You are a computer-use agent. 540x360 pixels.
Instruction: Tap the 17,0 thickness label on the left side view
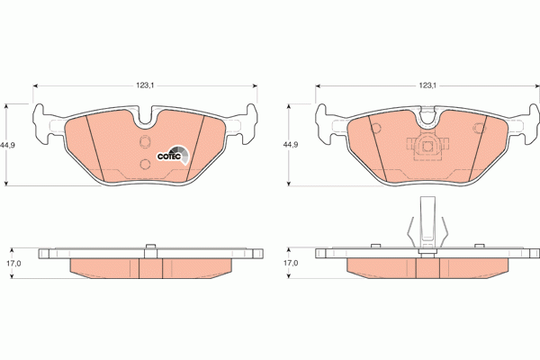[x=13, y=263]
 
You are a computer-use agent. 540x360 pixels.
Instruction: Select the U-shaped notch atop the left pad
[x=147, y=115]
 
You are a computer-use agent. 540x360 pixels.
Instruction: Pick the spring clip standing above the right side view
[x=426, y=229]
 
